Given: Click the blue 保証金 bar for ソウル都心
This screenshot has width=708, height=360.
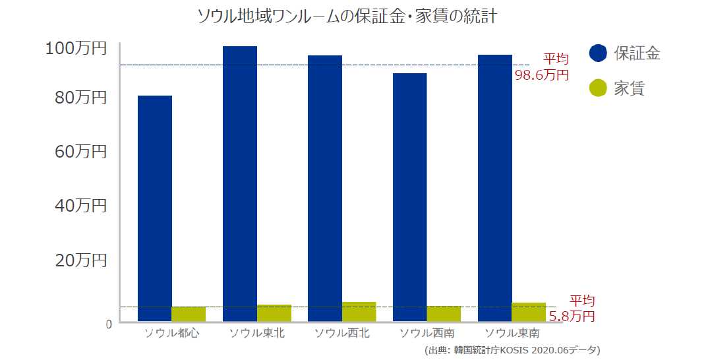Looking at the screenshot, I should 155,208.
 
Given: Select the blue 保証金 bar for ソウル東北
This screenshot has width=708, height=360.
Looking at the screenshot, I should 240,184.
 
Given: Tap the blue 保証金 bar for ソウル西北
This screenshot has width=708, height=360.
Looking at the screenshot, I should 325,189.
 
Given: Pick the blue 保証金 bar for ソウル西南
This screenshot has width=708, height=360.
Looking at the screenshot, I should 409,197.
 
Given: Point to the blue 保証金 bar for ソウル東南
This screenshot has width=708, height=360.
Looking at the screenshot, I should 494,188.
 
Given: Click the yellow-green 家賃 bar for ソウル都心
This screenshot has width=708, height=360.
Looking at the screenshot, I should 189,315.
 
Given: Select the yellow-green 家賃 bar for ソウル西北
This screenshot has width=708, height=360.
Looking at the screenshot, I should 359,312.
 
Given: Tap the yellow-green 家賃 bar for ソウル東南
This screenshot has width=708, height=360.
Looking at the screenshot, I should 529,313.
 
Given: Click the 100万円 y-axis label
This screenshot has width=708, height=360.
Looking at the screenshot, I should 76,49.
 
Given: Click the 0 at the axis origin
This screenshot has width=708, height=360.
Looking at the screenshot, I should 107,324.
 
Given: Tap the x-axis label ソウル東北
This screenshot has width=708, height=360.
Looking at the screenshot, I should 257,333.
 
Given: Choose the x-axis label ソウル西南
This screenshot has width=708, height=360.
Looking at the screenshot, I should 427,333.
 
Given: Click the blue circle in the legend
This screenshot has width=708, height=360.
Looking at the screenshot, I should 598,53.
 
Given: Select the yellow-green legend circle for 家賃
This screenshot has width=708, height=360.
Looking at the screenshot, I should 598,88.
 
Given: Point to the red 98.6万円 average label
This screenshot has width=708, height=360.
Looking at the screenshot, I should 541,75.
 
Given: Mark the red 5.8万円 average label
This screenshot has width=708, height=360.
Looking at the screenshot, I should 572,316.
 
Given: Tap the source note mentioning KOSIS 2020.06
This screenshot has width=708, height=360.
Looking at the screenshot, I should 512,350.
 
